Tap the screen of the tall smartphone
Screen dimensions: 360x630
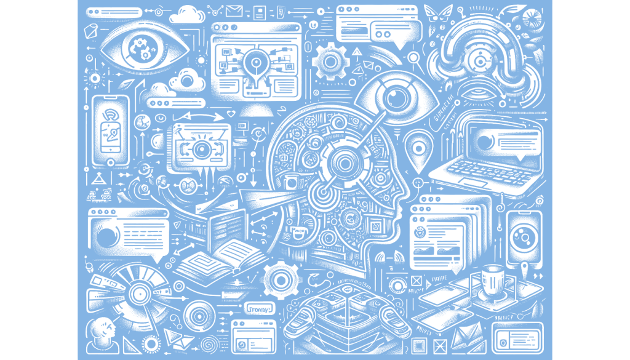point(111,129)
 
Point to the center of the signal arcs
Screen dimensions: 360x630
point(479,60)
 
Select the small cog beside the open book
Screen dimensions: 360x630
point(281,280)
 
